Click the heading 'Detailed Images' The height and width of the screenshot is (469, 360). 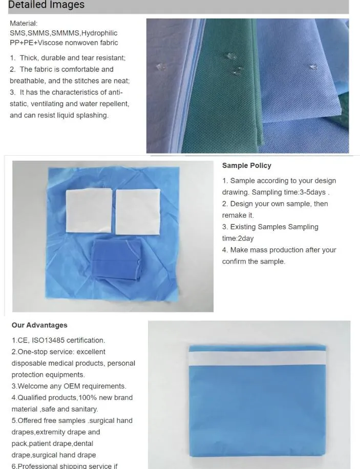46,6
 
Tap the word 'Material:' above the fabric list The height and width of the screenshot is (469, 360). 24,24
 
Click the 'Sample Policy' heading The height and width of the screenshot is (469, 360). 246,165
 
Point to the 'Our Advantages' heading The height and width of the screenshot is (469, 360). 39,325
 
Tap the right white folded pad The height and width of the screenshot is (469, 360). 138,210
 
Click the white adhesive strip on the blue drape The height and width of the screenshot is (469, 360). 257,356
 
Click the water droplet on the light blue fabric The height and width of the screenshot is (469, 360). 312,67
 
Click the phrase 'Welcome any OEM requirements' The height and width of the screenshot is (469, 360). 72,387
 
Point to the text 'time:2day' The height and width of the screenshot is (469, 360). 238,239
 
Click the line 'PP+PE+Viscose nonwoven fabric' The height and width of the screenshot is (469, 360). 63,43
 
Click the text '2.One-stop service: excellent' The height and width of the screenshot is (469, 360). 58,352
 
